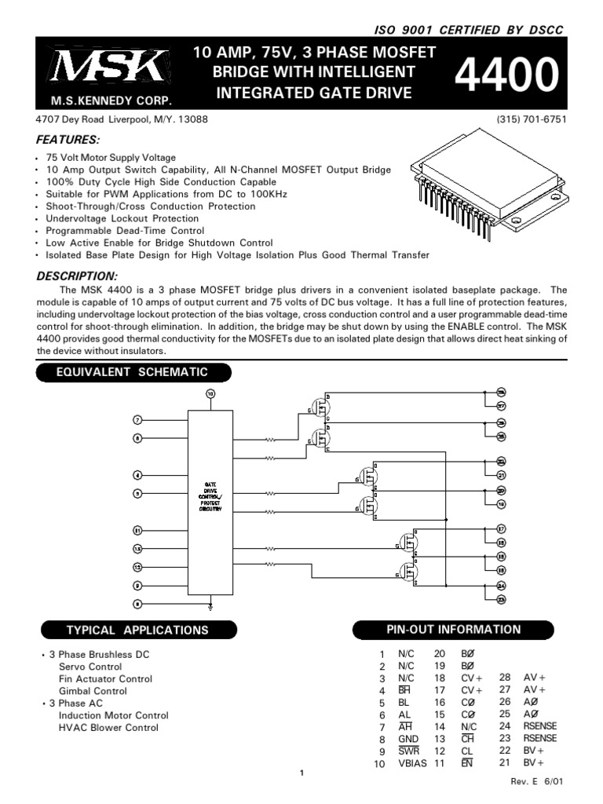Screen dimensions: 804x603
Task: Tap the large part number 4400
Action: point(506,77)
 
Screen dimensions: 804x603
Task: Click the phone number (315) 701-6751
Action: point(532,120)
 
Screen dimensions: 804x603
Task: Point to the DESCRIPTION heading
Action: point(77,276)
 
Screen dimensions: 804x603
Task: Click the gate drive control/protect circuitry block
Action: point(211,502)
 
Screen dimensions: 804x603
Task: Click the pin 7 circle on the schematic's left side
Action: point(138,420)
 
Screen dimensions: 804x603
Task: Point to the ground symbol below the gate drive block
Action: point(210,605)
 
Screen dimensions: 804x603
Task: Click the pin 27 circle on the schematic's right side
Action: point(501,406)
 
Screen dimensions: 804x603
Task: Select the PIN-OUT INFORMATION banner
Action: point(454,629)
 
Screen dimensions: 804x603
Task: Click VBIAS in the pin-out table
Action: point(412,763)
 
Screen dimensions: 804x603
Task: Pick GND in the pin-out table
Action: point(408,739)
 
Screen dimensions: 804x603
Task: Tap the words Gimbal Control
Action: point(93,691)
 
